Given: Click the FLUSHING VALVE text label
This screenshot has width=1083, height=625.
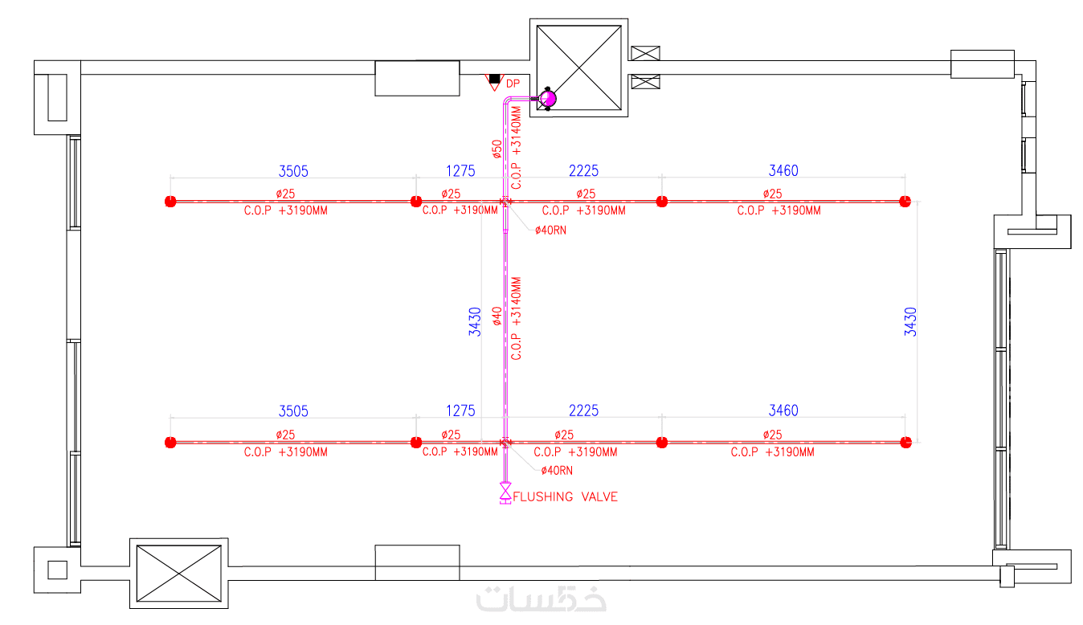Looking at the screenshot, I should [x=566, y=496].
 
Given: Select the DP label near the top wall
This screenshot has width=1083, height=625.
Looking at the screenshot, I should [x=513, y=84].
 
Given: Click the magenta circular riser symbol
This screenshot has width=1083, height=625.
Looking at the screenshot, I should [x=548, y=98].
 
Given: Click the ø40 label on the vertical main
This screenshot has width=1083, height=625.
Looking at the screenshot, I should [x=497, y=316].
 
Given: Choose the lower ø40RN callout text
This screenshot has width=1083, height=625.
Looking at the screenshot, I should [x=556, y=470].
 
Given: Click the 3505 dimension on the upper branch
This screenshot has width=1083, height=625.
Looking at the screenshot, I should [x=293, y=170].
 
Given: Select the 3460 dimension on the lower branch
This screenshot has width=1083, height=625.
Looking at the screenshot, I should [x=783, y=411].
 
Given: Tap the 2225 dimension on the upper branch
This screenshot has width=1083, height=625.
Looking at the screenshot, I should [x=583, y=170].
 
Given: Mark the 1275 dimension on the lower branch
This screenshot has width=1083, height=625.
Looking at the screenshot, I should [x=460, y=411].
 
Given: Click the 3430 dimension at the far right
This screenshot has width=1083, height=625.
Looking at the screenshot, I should [x=910, y=321].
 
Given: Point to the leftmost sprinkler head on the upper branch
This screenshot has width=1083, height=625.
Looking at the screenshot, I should [x=170, y=202].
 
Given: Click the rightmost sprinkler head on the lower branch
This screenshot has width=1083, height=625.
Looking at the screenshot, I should [x=905, y=442].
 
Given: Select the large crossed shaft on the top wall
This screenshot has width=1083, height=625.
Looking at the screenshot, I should [x=578, y=67].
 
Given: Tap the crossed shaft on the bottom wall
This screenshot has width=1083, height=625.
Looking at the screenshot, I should [x=178, y=573].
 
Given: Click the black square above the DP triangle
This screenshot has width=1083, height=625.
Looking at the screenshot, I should [x=494, y=79].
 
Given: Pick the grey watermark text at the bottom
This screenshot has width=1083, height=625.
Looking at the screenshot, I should [x=541, y=599].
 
